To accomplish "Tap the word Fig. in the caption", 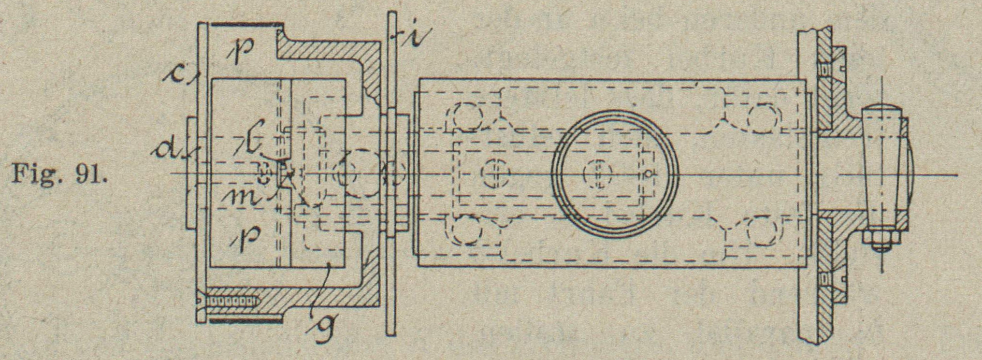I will pos(39,174).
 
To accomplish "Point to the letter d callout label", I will pos(169,151).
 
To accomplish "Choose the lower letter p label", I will pos(246,235).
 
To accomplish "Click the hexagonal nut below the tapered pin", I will pos(881,238).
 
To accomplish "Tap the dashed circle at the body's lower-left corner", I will pos(466,230).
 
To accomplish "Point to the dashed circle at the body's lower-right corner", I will pos(763,230).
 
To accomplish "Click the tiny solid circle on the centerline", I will pos(650,173).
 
